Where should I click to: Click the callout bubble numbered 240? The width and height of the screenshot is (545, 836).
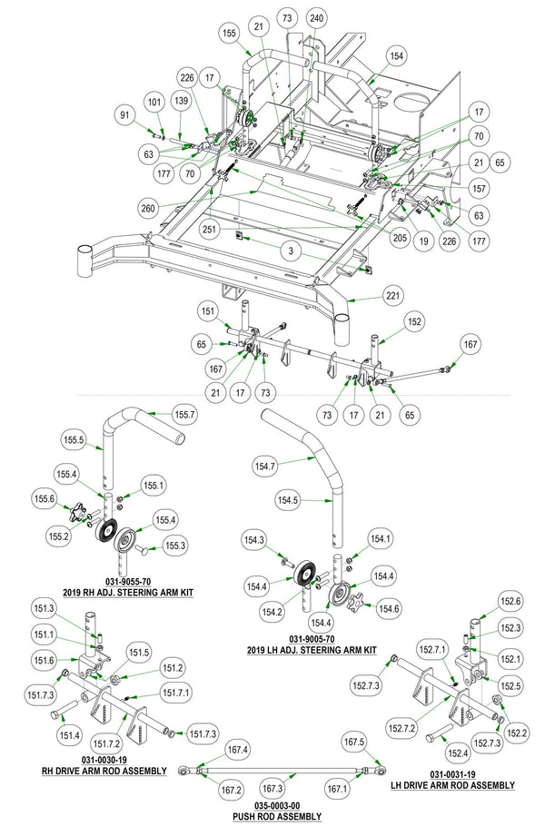point(316,16)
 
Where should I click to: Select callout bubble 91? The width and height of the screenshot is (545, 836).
point(125,114)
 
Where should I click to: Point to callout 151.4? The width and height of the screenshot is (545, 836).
point(70,734)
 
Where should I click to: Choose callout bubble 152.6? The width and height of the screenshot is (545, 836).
point(511,600)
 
